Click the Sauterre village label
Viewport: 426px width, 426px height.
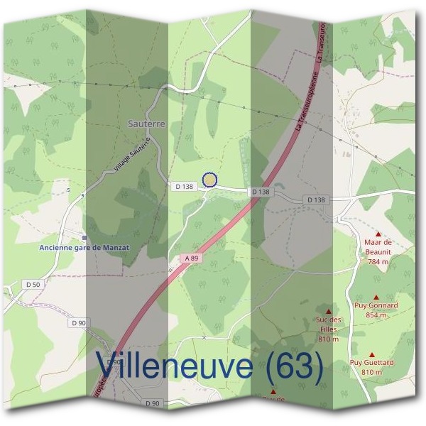click(146, 123)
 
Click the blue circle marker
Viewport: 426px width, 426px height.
click(209, 180)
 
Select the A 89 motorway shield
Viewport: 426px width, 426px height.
click(188, 258)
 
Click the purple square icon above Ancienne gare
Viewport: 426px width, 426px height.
click(85, 238)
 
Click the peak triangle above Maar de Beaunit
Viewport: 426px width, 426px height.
click(378, 233)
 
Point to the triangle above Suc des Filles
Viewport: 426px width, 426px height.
click(328, 311)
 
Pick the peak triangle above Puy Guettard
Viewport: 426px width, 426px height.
click(371, 354)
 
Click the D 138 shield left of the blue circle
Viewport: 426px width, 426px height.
click(184, 186)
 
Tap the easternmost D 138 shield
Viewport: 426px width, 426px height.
click(317, 200)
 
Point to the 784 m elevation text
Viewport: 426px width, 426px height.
click(378, 261)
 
